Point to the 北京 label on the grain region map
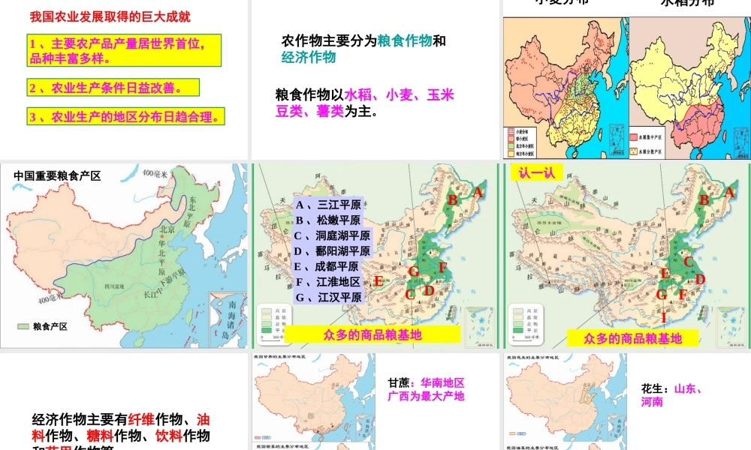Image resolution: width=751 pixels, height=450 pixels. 158,230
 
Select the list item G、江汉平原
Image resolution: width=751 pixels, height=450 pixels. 328,298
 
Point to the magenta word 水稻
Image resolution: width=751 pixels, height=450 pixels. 360,95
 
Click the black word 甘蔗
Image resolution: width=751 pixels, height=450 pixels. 400,382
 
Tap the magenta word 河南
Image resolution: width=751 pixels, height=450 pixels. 652,403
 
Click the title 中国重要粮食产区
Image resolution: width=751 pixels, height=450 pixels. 57,176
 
